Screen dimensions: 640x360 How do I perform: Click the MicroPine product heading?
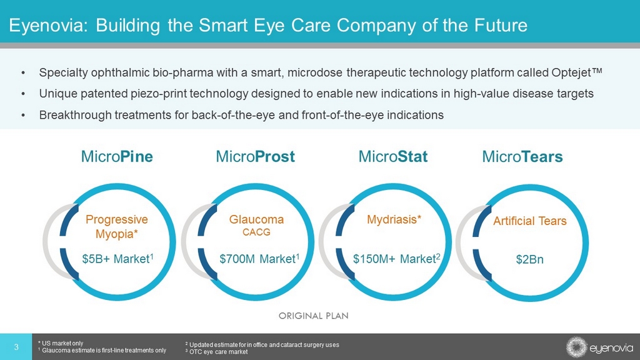(x=117, y=156)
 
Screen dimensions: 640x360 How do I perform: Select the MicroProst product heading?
(x=255, y=156)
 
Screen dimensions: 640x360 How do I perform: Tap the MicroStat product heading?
(x=393, y=156)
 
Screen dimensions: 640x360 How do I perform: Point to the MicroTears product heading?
(x=522, y=156)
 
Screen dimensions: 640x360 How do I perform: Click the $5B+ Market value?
(x=118, y=259)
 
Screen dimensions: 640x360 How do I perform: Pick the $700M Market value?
(x=259, y=259)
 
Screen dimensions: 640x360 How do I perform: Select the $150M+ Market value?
(x=396, y=259)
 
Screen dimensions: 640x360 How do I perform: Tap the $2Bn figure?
(x=529, y=259)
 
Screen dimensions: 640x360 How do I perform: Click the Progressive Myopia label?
(x=117, y=226)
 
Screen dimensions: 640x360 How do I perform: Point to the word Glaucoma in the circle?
(x=256, y=219)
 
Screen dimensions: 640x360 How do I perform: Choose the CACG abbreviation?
(x=256, y=232)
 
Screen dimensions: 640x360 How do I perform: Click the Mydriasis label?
(x=394, y=220)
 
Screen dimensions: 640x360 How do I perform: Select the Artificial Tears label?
(x=530, y=221)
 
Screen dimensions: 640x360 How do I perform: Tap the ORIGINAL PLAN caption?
(x=314, y=316)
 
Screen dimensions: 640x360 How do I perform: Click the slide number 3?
(x=16, y=347)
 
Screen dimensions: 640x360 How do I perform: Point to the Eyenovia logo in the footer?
(x=599, y=347)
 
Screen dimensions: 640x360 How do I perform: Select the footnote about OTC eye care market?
(x=216, y=352)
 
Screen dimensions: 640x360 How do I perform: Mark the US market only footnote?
(x=61, y=343)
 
